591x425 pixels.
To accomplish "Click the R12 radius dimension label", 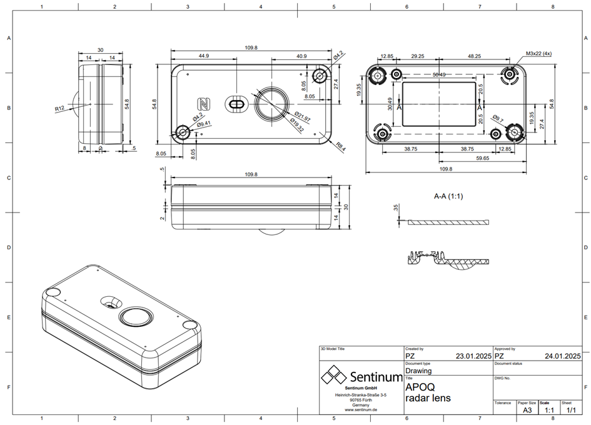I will point(60,109).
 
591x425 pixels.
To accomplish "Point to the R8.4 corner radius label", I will point(340,147).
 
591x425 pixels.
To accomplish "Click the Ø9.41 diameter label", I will point(204,124).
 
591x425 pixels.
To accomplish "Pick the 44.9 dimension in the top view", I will point(203,56).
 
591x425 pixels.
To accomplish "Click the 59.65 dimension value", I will point(482,158).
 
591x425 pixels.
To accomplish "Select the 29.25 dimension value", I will point(417,56).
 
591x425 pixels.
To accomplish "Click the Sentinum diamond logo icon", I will point(334,377).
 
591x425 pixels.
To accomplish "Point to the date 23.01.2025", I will point(473,356).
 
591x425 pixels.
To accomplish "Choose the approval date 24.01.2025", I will point(563,356).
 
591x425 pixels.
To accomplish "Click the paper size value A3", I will point(527,411).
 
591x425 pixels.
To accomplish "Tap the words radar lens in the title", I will point(428,398).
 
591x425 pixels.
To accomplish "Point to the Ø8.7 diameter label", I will point(498,117).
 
